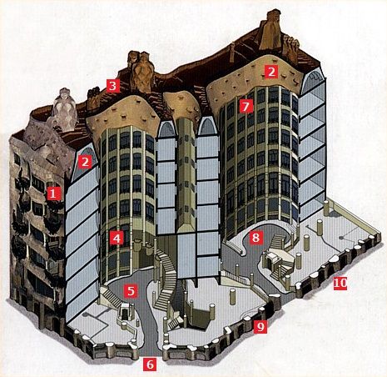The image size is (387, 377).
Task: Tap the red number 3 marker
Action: [x=112, y=86]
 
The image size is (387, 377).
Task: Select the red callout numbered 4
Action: [x=117, y=238]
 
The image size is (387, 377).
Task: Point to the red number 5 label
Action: [x=131, y=291]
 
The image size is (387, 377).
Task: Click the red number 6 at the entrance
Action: [x=150, y=364]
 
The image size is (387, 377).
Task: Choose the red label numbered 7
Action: [x=247, y=106]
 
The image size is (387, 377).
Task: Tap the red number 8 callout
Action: [x=256, y=238]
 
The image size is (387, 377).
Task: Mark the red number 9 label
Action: [x=260, y=326]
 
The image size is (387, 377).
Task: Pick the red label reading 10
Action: [x=340, y=283]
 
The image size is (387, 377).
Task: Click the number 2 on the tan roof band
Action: [x=271, y=72]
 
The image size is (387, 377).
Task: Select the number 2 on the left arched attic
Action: [x=85, y=162]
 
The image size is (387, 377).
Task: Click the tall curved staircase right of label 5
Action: [x=166, y=278]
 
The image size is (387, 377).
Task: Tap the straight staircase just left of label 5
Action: [x=110, y=297]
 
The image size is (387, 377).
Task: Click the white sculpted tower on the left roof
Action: [x=64, y=109]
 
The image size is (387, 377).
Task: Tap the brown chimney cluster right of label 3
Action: [x=141, y=71]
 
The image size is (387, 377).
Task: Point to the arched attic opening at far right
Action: [x=313, y=81]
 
